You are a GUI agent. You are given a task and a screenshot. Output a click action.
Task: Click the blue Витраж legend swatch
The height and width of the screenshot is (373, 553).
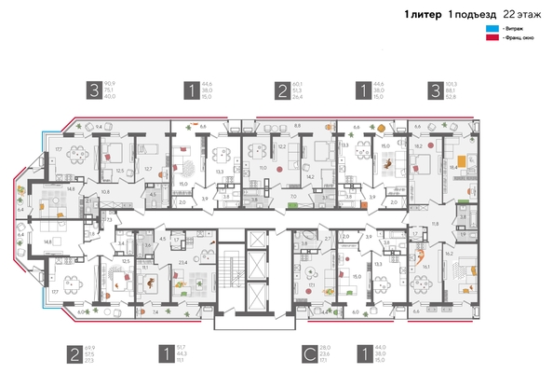pyautogui.click(x=491, y=29)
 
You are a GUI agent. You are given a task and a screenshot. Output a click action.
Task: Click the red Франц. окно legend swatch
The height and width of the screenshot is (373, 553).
pyautogui.click(x=491, y=38)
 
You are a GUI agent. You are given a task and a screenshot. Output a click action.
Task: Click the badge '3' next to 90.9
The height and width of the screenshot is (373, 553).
pyautogui.click(x=93, y=90)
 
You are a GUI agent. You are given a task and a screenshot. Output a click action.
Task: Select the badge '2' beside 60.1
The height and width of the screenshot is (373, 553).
pyautogui.click(x=281, y=90)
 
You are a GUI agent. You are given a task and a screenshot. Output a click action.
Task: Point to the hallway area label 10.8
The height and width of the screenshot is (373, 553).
pyautogui.click(x=105, y=192)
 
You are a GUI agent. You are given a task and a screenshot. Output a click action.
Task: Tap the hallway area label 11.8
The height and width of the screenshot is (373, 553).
pyautogui.click(x=434, y=224)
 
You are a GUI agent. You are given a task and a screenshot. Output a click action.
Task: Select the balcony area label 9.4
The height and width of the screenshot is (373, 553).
pyautogui.click(x=100, y=124)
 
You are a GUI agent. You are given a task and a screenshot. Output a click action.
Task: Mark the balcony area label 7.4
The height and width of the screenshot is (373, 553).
pyautogui.click(x=155, y=311)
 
